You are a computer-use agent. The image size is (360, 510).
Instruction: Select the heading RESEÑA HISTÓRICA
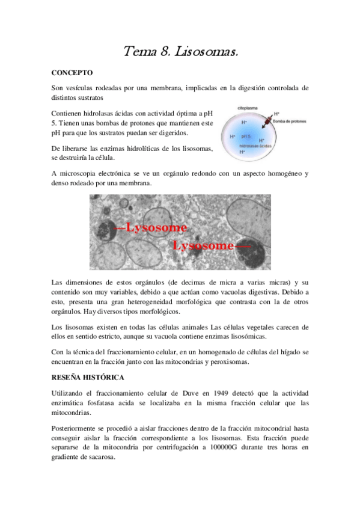(88, 377)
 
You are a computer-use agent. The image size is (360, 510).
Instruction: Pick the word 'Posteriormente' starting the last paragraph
(77, 428)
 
